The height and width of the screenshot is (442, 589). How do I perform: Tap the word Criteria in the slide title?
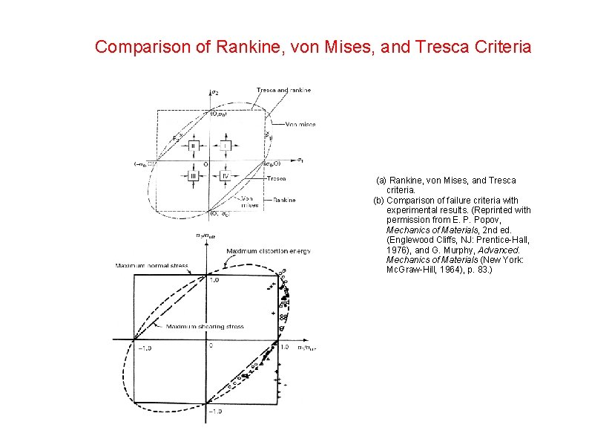500,48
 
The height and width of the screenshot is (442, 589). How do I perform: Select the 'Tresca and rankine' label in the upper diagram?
283,90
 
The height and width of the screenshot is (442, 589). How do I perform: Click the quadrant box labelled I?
226,146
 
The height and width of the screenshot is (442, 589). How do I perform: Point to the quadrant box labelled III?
193,176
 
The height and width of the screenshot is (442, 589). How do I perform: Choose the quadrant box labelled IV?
226,176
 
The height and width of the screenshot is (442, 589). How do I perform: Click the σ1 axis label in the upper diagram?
300,160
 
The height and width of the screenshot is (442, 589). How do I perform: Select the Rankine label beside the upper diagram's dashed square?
284,200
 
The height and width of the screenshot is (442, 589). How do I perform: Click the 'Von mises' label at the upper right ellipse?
300,124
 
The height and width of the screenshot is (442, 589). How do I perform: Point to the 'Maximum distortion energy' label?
269,252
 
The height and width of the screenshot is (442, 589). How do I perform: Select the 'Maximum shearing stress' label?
194,326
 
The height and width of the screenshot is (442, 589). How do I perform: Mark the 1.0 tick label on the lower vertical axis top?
215,281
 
